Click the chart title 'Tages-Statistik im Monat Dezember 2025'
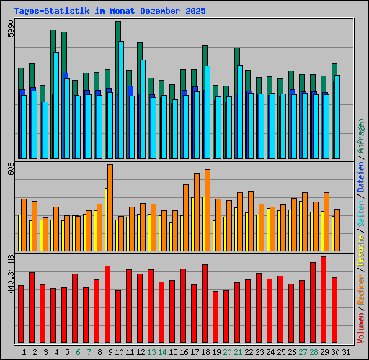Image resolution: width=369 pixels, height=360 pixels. (110, 12)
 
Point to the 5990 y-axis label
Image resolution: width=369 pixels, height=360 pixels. (10, 30)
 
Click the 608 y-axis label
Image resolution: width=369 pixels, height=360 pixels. (10, 169)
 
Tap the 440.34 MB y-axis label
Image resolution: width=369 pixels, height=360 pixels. (10, 273)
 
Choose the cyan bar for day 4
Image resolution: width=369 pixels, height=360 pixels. (56, 105)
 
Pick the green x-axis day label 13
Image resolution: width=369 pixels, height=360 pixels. (151, 352)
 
